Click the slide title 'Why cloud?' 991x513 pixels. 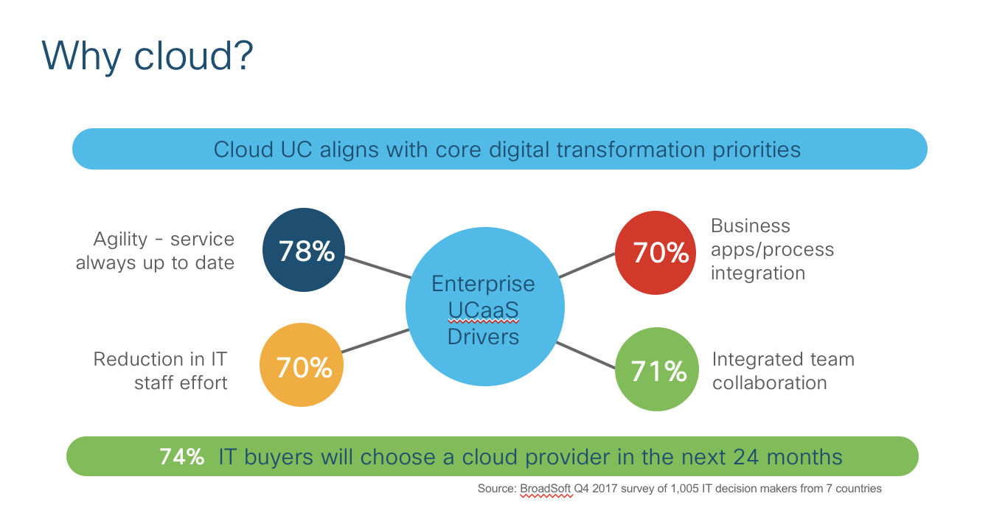point(147,57)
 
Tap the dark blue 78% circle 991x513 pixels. point(304,250)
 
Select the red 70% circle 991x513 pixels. point(656,253)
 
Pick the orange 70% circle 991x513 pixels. point(302,365)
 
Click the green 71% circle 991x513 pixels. point(657,369)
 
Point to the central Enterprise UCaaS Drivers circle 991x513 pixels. point(485,307)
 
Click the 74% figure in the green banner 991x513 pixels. point(181,457)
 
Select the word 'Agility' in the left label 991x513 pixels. point(120,240)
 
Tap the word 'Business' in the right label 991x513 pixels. point(751,226)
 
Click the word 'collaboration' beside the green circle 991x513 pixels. point(769,383)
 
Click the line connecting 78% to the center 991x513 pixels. point(378,267)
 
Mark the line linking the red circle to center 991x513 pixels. point(587,265)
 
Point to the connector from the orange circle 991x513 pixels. point(375,341)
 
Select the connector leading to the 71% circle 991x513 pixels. point(585,355)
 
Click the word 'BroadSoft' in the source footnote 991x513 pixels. point(546,489)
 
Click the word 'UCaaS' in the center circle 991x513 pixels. point(483,310)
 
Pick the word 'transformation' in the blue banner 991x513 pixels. point(630,150)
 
